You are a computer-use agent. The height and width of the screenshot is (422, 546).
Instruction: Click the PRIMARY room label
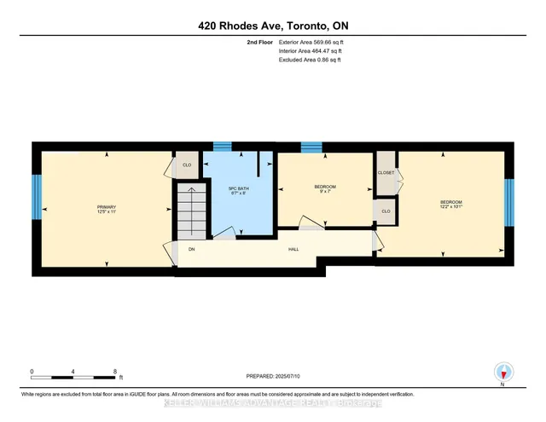(106, 207)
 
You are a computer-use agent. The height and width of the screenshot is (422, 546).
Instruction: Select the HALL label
(293, 249)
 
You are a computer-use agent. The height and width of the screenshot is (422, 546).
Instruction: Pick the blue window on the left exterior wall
(36, 197)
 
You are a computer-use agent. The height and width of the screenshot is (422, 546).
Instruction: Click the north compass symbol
(503, 372)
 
